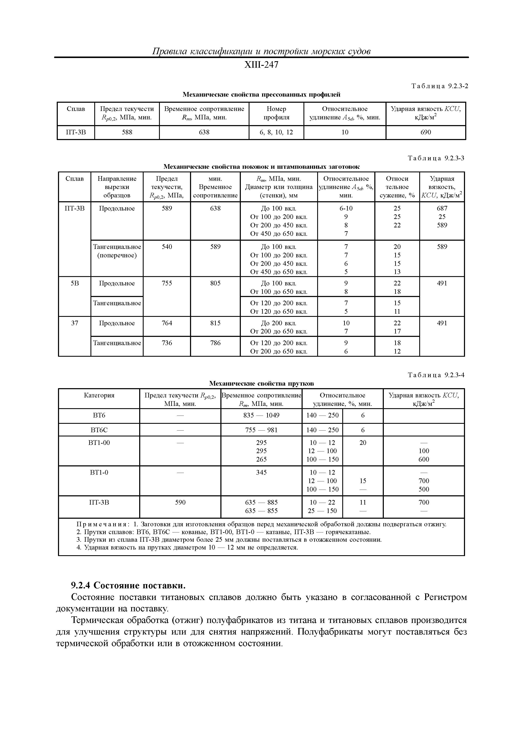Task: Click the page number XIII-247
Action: coord(261,65)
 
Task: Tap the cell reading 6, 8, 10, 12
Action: coord(276,132)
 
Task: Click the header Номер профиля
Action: coord(276,113)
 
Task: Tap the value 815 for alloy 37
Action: coord(215,323)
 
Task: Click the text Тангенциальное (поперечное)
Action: coord(117,251)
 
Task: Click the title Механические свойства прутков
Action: coord(261,383)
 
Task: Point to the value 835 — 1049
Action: coord(261,415)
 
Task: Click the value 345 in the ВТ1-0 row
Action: coord(261,472)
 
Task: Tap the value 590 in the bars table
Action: coord(180,502)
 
